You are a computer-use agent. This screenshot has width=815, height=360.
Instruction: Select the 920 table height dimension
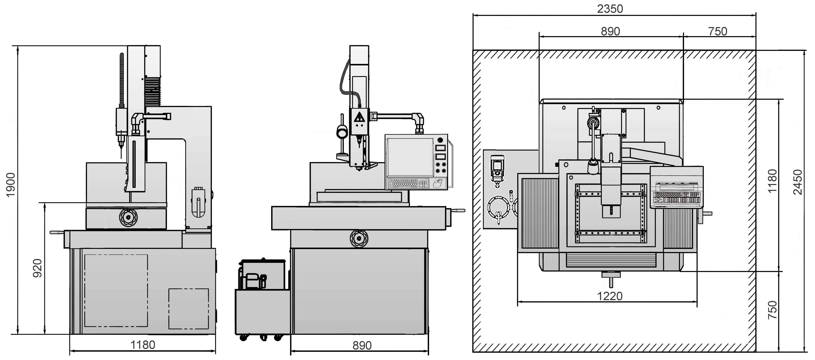click(x=38, y=268)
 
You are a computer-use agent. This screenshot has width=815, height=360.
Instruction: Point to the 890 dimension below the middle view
click(x=362, y=345)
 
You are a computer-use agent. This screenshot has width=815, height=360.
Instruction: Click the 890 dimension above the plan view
click(x=610, y=31)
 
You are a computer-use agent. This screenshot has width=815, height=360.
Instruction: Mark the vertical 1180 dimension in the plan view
click(x=772, y=181)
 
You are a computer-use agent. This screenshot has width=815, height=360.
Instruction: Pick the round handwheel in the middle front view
click(x=359, y=238)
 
